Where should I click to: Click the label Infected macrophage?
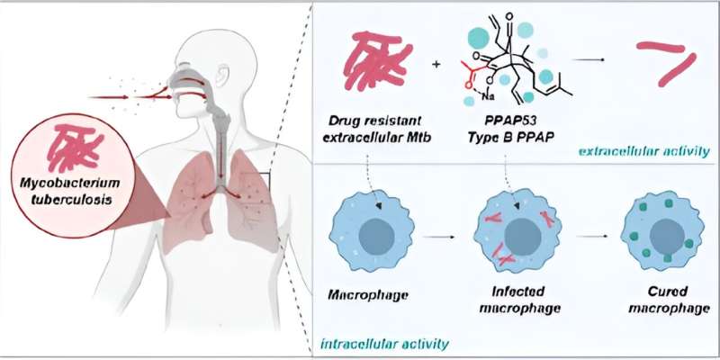(519, 301)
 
